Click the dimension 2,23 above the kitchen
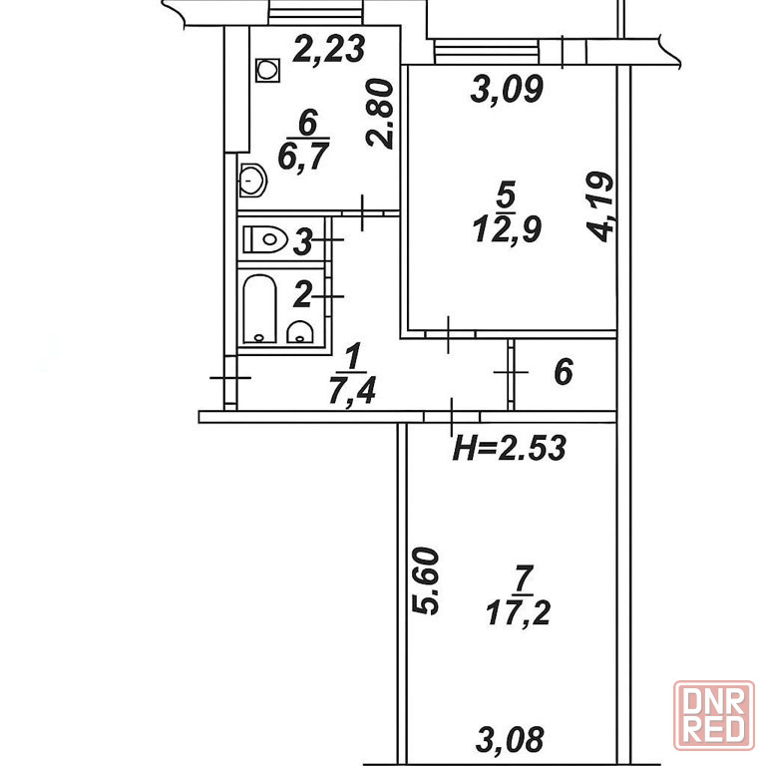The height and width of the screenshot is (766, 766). tap(329, 48)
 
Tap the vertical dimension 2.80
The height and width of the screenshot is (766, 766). tap(380, 114)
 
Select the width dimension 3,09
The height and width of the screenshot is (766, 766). tap(507, 89)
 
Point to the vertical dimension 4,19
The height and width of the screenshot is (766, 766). tap(599, 206)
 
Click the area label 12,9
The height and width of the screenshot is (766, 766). tap(507, 229)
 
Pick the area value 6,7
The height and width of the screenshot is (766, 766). tap(303, 157)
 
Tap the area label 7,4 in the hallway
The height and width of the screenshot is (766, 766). tap(352, 390)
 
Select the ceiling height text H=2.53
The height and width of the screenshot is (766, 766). tap(510, 448)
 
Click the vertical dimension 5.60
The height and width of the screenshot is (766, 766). tap(425, 580)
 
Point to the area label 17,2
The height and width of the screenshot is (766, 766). tap(519, 613)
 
